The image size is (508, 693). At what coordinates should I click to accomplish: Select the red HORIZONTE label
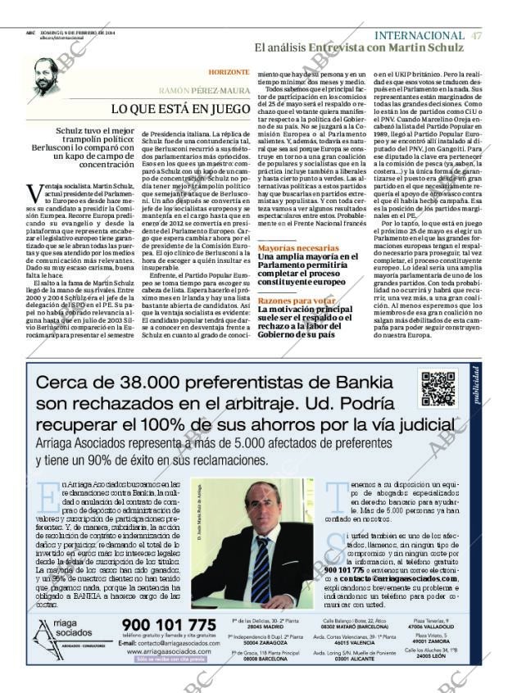(x=229, y=73)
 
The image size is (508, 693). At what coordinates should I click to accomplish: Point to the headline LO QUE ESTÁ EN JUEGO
(x=180, y=108)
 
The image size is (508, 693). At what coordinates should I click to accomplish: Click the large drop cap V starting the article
(x=35, y=193)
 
